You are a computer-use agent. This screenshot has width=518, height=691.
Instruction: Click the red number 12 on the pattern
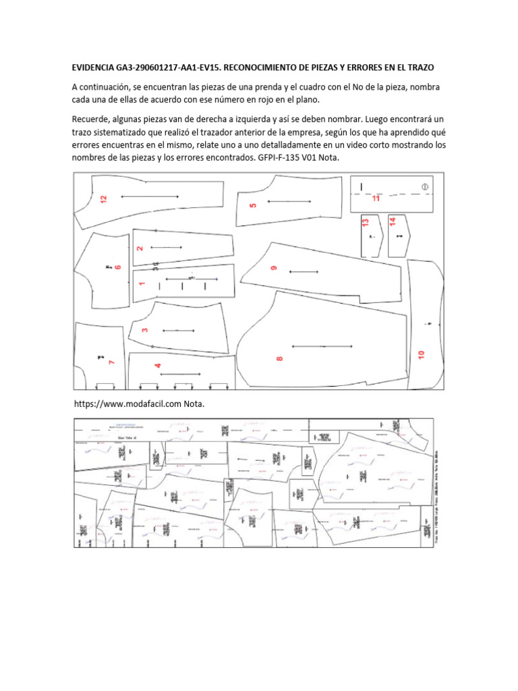click(x=103, y=199)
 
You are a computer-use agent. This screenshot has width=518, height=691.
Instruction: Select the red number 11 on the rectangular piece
click(x=376, y=198)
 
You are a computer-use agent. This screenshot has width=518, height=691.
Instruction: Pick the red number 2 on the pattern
click(x=140, y=248)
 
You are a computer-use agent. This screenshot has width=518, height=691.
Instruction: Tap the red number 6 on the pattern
click(x=118, y=267)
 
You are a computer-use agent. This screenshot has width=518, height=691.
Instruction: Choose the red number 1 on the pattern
click(x=142, y=283)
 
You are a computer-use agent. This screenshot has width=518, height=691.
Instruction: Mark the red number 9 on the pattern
click(x=274, y=268)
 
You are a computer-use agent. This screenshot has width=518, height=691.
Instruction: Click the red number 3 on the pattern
click(x=145, y=330)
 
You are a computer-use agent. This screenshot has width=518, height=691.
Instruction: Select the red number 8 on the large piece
click(x=280, y=359)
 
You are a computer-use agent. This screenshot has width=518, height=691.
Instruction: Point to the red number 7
click(x=112, y=362)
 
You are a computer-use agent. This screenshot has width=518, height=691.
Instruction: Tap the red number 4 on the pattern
click(x=158, y=366)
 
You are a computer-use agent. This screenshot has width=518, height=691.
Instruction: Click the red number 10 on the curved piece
click(x=422, y=354)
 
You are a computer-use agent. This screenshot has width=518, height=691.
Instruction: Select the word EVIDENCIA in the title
click(x=95, y=68)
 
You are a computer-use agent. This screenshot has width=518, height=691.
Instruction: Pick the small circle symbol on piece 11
click(x=425, y=186)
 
